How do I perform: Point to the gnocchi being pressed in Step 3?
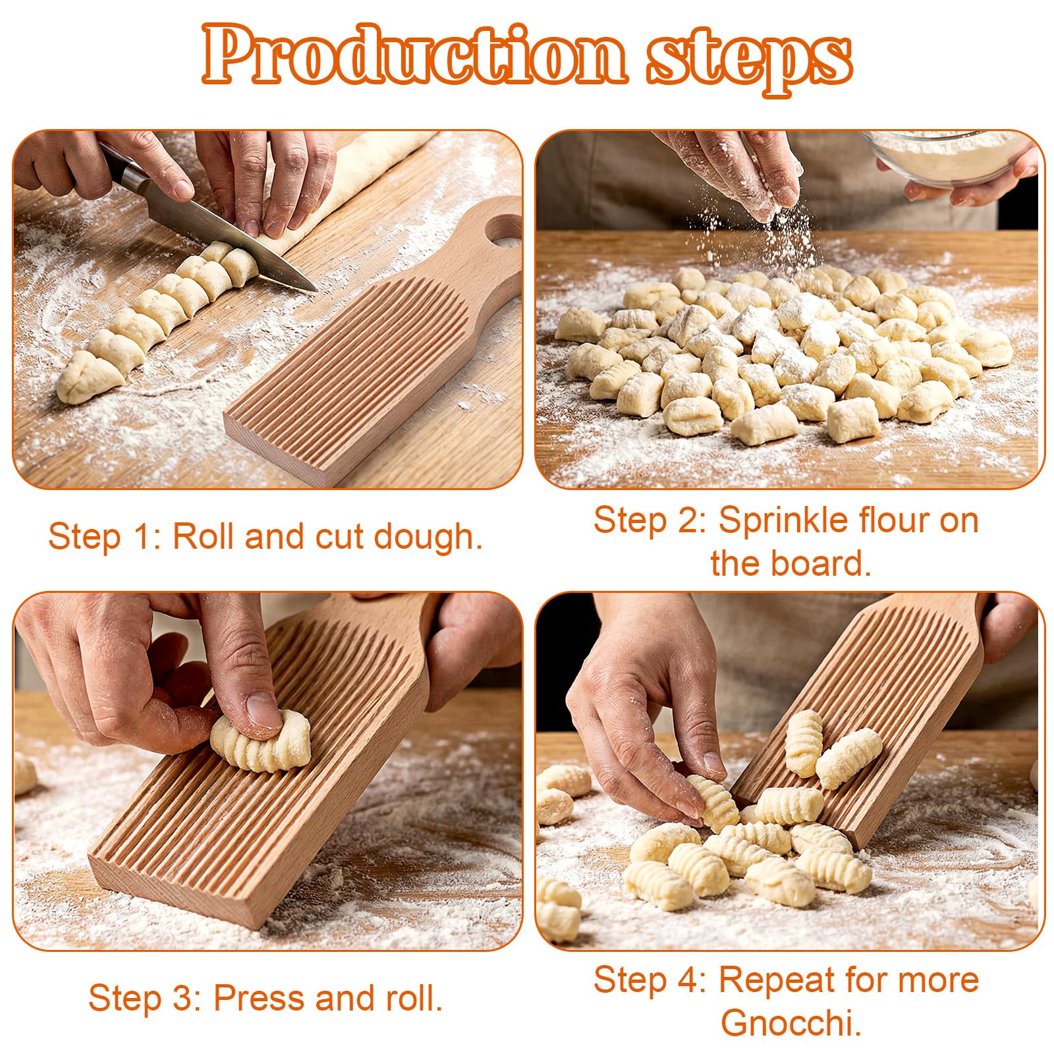click(x=261, y=743)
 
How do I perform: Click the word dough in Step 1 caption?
click(x=428, y=536)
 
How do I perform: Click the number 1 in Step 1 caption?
click(x=145, y=537)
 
